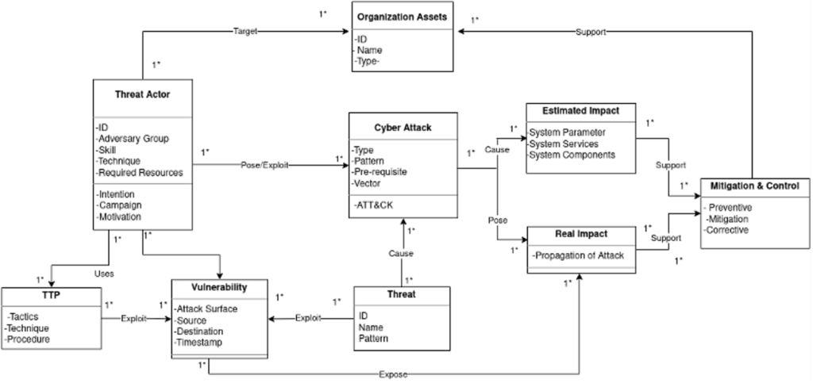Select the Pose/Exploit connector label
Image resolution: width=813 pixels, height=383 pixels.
265,165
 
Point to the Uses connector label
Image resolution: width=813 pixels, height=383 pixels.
105,274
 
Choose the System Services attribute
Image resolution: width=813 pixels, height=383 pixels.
564,144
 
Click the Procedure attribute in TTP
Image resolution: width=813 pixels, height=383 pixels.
29,339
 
